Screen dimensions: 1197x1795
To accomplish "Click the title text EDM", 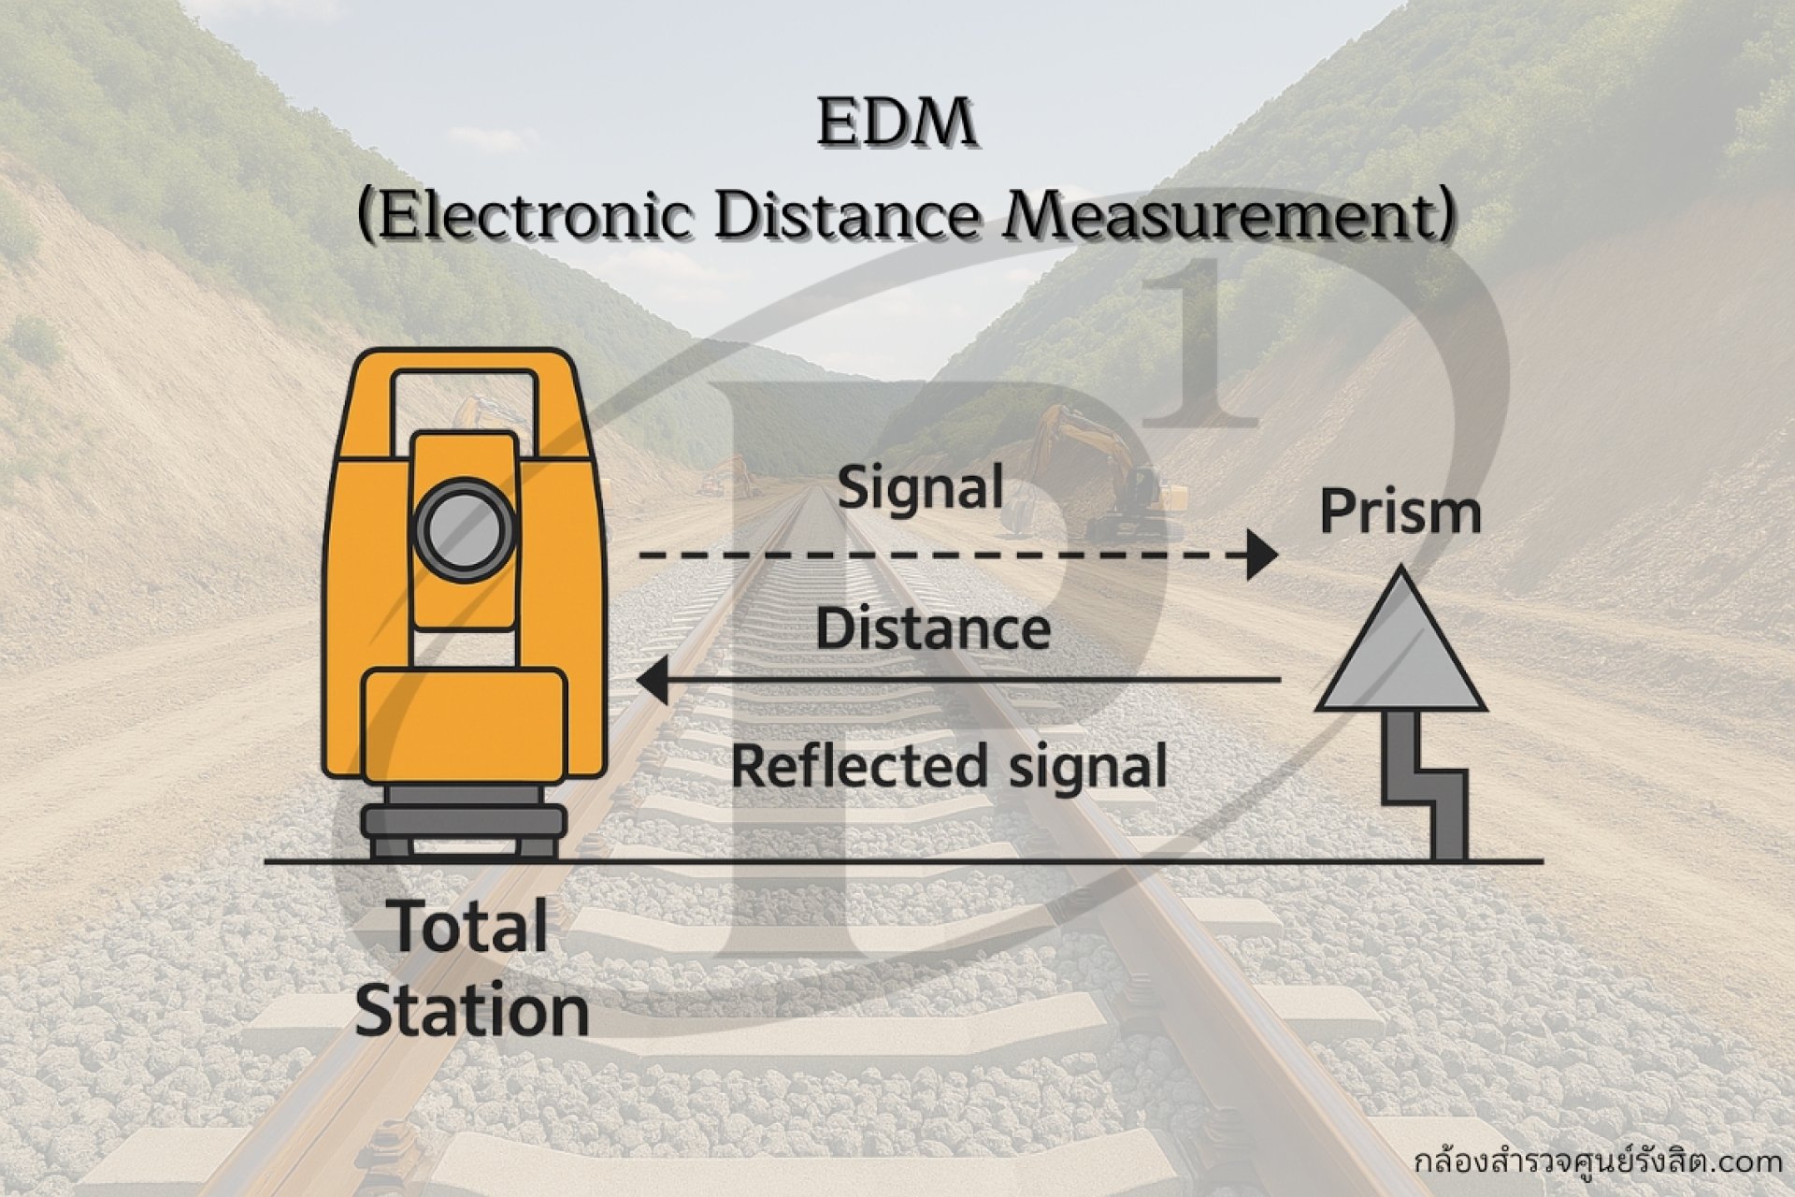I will tap(897, 125).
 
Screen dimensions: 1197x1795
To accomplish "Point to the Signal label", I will tap(920, 488).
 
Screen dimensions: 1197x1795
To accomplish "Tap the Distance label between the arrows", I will tap(932, 628).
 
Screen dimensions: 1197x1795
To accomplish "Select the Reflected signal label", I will tap(948, 767).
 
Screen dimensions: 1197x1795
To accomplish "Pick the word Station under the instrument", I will tap(472, 1012).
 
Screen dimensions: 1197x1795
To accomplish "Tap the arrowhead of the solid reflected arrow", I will tap(653, 680).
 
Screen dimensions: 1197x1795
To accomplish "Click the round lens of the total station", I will tap(465, 529).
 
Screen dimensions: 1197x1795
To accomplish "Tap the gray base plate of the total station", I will tap(465, 823).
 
